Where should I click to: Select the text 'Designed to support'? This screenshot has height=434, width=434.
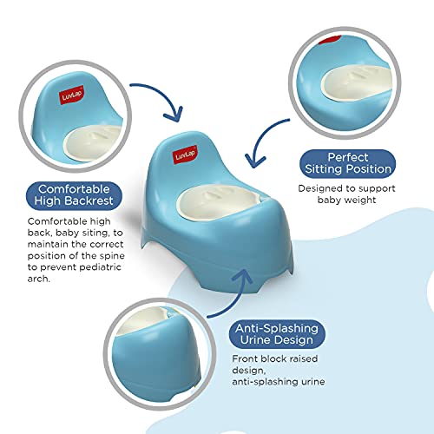tap(345, 188)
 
